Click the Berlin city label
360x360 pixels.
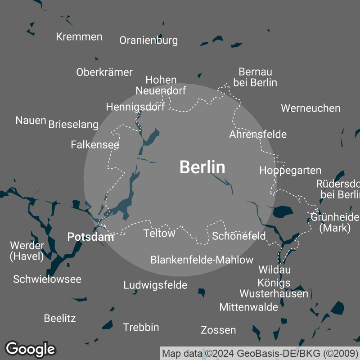click(202, 167)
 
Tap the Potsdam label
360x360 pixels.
click(90, 237)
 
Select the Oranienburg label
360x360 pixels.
click(148, 40)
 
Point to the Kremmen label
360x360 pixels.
click(79, 37)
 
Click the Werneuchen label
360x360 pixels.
click(310, 108)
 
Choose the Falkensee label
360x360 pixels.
click(95, 145)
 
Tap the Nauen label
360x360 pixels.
click(31, 120)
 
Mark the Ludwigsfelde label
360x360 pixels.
click(155, 285)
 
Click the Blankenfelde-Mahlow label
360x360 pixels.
click(202, 260)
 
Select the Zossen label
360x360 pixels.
click(218, 330)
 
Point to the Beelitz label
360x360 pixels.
click(60, 319)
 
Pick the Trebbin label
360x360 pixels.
click(141, 327)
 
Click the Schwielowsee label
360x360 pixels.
click(47, 279)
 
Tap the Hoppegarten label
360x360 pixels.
click(290, 171)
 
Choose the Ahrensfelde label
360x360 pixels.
click(258, 135)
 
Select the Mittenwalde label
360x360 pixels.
click(249, 307)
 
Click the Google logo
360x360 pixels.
click(31, 349)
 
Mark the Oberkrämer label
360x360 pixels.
click(104, 72)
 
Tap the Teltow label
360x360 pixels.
click(159, 233)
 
